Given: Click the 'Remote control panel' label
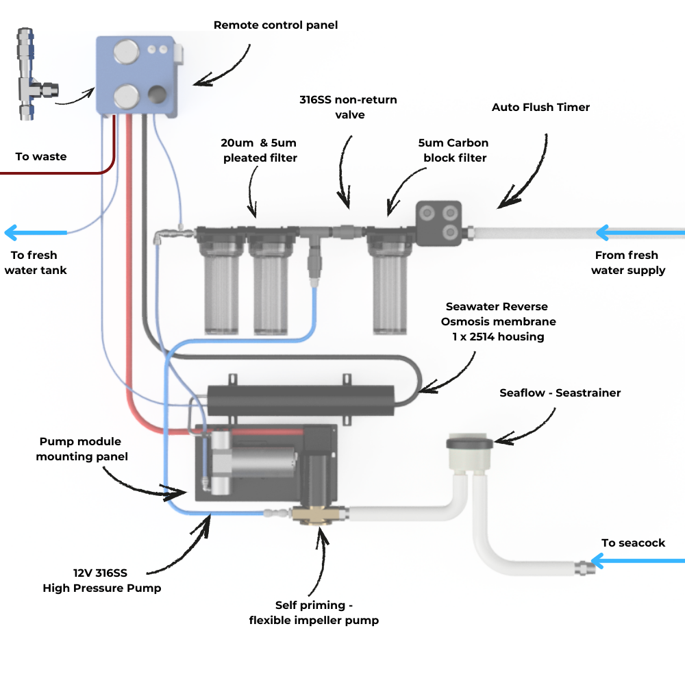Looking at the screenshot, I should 275,25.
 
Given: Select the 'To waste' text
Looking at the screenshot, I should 41,157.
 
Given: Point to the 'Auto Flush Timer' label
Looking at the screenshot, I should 540,108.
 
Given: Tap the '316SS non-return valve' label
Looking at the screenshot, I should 348,108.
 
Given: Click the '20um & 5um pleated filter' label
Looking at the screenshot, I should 258,151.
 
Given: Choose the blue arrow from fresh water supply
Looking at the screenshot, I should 637,233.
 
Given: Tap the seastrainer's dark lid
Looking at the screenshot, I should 469,442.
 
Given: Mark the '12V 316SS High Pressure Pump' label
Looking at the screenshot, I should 101,580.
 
